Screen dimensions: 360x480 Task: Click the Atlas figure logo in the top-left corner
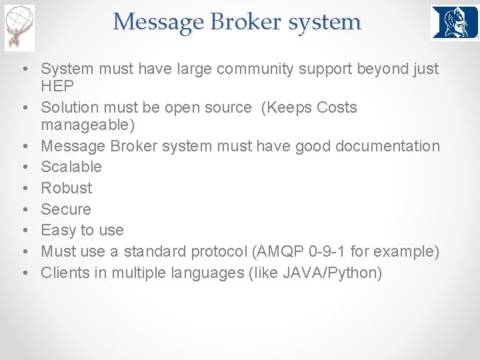19,27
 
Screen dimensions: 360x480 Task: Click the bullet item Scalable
71,167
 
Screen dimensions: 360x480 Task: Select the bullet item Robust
67,188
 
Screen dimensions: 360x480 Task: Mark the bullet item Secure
65,209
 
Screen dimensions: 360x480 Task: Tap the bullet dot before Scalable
23,167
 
